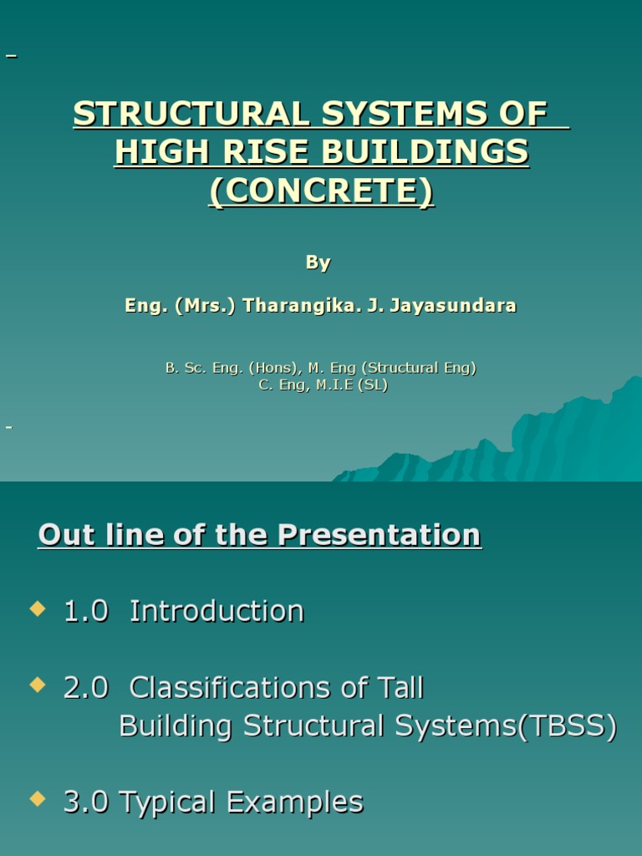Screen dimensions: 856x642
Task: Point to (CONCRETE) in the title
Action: pos(321,191)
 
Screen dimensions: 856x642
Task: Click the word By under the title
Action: pos(318,262)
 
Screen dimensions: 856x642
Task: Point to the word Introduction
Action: pos(217,611)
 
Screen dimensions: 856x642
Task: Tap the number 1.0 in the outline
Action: pos(86,611)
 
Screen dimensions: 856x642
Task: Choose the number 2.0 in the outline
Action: pos(86,688)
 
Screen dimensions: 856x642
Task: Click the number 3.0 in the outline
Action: pos(86,802)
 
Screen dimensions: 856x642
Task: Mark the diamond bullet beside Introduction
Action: pos(37,609)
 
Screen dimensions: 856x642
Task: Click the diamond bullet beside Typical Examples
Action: pos(37,799)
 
